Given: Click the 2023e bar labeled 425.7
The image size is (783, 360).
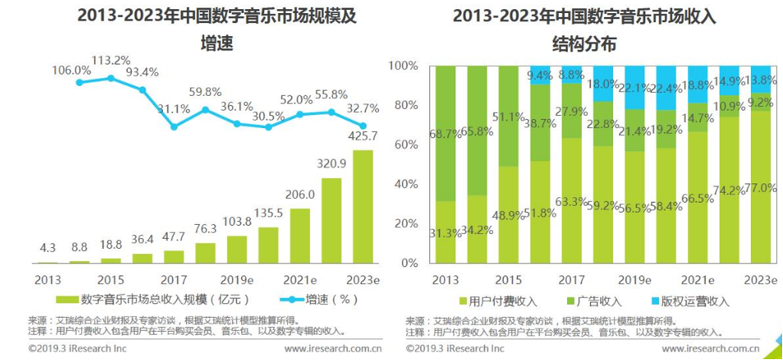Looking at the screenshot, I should pos(363,207).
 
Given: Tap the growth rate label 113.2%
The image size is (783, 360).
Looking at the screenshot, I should pos(111,60).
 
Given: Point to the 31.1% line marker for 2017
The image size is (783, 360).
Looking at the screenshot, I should pos(174,127).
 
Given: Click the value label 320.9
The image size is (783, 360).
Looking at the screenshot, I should pos(332,162).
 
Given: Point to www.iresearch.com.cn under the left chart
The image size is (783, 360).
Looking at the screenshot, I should pos(332,349).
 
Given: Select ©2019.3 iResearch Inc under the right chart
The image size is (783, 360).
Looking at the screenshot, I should pos(455,349).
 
